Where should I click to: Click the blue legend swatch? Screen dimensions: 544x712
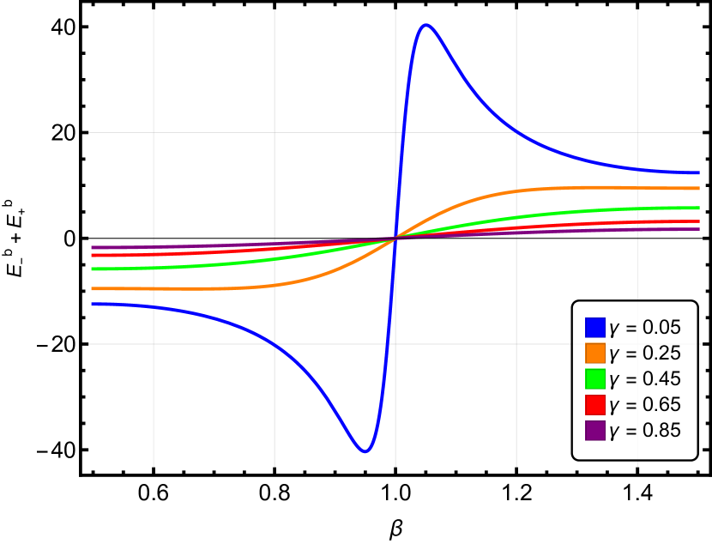(x=595, y=327)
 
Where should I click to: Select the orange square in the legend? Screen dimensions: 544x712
(x=595, y=353)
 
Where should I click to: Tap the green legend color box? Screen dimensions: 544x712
(x=595, y=378)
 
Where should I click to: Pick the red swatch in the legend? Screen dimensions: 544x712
(x=595, y=404)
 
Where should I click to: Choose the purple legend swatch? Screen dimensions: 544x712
(x=595, y=430)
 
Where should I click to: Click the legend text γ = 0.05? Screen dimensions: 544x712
(x=644, y=327)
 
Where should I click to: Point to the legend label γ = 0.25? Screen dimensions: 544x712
(x=644, y=353)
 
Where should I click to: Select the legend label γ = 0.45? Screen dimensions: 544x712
(x=644, y=378)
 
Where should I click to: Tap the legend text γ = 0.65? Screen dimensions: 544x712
(x=644, y=404)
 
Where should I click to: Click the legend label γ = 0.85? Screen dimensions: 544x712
(x=644, y=430)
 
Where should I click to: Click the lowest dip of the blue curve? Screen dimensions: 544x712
(x=365, y=451)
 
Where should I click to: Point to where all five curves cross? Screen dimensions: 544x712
(x=395, y=238)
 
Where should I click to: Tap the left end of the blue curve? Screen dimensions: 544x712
(x=92, y=304)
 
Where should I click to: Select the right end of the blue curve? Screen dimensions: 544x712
(x=699, y=172)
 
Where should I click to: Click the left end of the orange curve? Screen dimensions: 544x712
(x=92, y=288)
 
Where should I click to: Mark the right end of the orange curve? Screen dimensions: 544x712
(x=699, y=188)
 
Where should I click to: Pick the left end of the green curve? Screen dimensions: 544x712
(x=92, y=269)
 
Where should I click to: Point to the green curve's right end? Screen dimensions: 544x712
(x=699, y=208)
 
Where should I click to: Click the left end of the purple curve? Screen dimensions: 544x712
(x=92, y=248)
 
